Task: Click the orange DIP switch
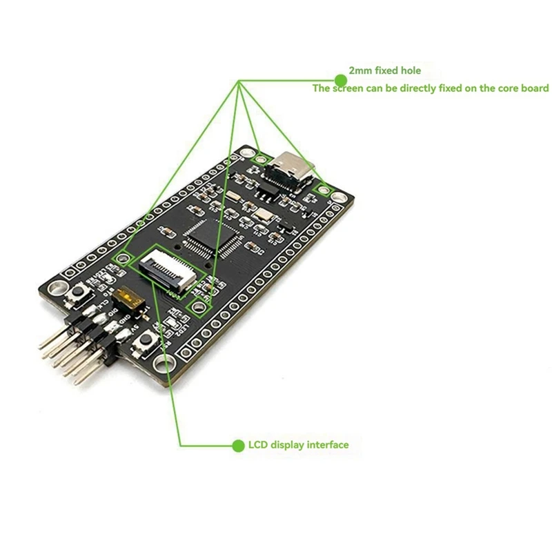point(129,299)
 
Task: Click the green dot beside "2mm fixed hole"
point(339,70)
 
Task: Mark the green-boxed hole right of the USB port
point(322,187)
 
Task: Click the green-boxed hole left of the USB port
point(260,159)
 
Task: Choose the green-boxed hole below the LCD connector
point(199,306)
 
